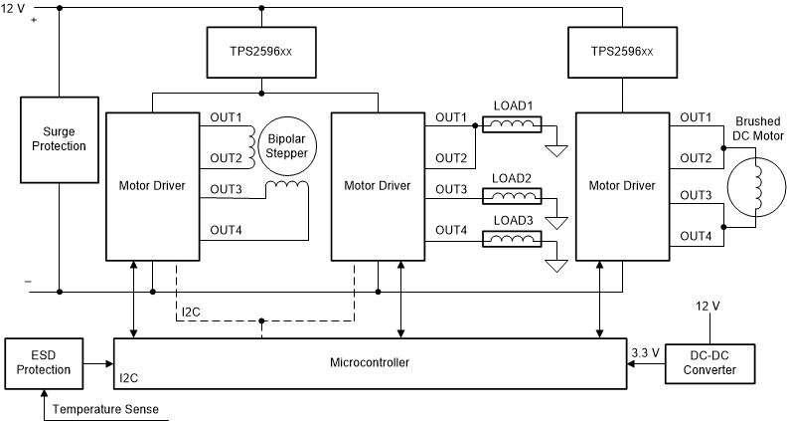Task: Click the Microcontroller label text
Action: click(x=369, y=363)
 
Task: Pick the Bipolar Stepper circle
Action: click(x=285, y=147)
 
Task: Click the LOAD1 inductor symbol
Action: click(x=512, y=124)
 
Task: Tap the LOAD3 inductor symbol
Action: click(x=512, y=239)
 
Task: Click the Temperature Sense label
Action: click(x=105, y=409)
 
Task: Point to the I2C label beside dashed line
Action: click(x=192, y=313)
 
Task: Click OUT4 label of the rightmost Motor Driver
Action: click(x=697, y=235)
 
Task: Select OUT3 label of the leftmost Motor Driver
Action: click(x=226, y=190)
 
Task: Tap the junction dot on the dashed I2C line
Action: click(x=261, y=321)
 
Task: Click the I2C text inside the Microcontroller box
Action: click(x=130, y=379)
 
